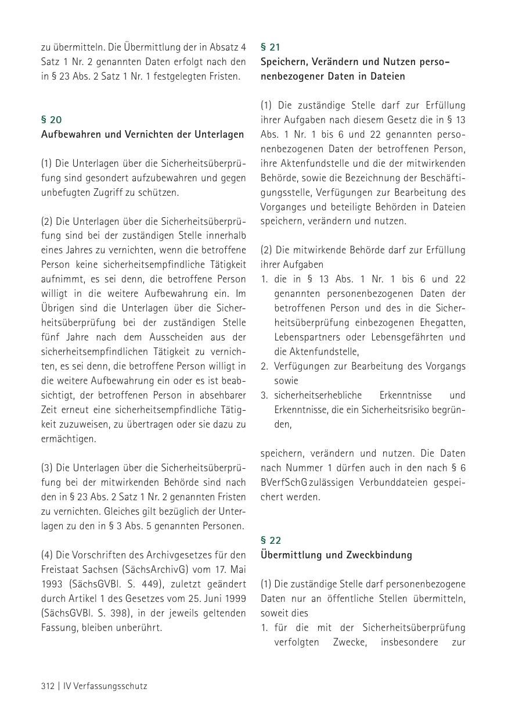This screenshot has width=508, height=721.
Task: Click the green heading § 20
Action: coord(51,120)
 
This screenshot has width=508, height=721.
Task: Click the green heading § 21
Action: coord(271,47)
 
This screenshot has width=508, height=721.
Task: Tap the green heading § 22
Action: coord(271,540)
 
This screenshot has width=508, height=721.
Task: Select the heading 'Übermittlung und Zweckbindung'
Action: coord(336,555)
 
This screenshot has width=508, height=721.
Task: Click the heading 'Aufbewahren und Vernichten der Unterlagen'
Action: coord(142,134)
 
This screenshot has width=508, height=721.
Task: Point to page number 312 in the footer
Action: coord(48,686)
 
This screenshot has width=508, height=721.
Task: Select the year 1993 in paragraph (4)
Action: coord(52,584)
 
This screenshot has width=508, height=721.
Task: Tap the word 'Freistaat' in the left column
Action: coord(59,569)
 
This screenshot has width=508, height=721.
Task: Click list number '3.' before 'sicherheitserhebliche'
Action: coord(264,395)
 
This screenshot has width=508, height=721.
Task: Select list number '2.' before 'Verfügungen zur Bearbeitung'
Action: coord(264,366)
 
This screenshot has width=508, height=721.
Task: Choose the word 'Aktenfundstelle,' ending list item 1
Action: coord(316,351)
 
